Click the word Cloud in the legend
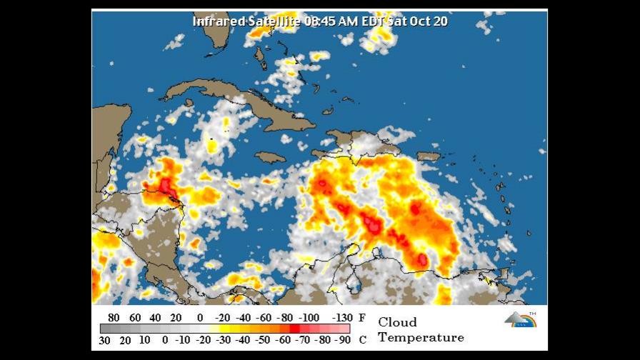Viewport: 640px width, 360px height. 397,322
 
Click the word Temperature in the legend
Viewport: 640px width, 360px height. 421,337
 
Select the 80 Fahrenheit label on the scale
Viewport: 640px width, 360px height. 114,318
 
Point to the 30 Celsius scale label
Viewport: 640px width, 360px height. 104,339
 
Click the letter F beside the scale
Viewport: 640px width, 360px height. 362,318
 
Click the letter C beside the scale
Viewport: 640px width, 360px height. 362,339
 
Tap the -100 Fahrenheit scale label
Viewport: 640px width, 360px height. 309,318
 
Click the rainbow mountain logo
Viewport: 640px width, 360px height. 520,319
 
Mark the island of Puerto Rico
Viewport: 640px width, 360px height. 428,156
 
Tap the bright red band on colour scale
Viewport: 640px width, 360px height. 294,329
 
